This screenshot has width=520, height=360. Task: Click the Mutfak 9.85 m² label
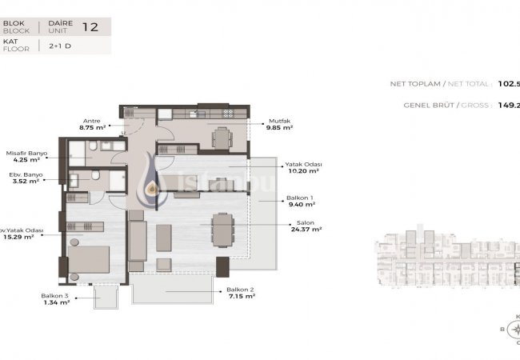pyautogui.click(x=279, y=124)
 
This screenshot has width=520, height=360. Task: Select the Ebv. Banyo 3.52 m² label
pyautogui.click(x=25, y=177)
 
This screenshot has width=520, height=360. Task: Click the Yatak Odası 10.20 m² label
pyautogui.click(x=302, y=167)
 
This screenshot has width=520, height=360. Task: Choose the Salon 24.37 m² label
pyautogui.click(x=305, y=226)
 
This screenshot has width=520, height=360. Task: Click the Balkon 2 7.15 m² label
pyautogui.click(x=240, y=293)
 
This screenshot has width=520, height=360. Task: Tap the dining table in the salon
pyautogui.click(x=222, y=229)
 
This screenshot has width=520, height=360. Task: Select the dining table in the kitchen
pyautogui.click(x=222, y=138)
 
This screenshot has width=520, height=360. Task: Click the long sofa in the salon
pyautogui.click(x=137, y=244)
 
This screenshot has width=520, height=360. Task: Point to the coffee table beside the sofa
pyautogui.click(x=164, y=238)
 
